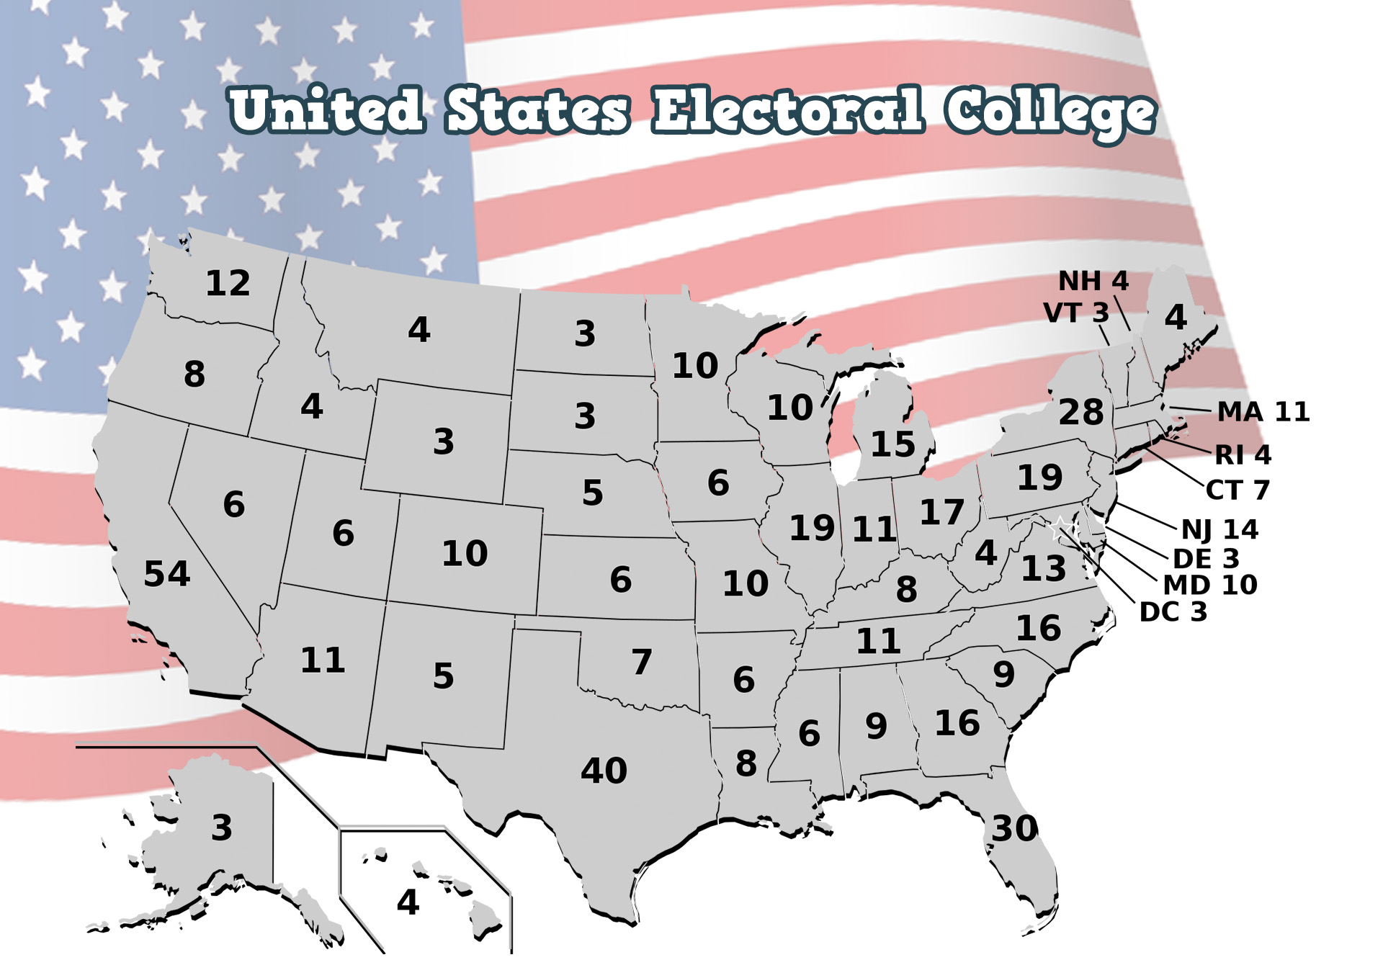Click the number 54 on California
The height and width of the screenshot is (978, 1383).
click(166, 574)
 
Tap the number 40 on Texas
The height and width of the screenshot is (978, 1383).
click(604, 771)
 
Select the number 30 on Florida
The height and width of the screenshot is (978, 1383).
click(1015, 829)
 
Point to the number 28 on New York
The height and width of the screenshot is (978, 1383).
click(1080, 412)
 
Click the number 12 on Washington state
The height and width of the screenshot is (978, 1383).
click(228, 283)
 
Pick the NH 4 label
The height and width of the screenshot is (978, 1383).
click(1093, 281)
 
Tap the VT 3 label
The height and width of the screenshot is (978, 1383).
click(1076, 313)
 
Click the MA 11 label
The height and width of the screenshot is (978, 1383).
click(1263, 412)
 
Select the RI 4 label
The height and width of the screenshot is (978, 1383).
click(1243, 455)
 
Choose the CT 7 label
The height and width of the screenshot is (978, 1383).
click(1237, 490)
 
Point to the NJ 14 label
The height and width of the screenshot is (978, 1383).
click(1219, 530)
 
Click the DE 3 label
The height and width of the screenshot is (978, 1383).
click(1206, 559)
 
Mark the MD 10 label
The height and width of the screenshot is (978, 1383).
click(1210, 585)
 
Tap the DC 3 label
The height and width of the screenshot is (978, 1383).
click(1173, 612)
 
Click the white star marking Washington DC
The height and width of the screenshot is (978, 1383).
click(1060, 528)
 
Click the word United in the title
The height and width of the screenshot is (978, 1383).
click(326, 110)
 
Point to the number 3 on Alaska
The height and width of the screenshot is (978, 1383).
click(222, 828)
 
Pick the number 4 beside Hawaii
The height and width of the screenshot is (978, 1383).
click(408, 902)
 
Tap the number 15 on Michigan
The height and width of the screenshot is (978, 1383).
click(892, 444)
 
